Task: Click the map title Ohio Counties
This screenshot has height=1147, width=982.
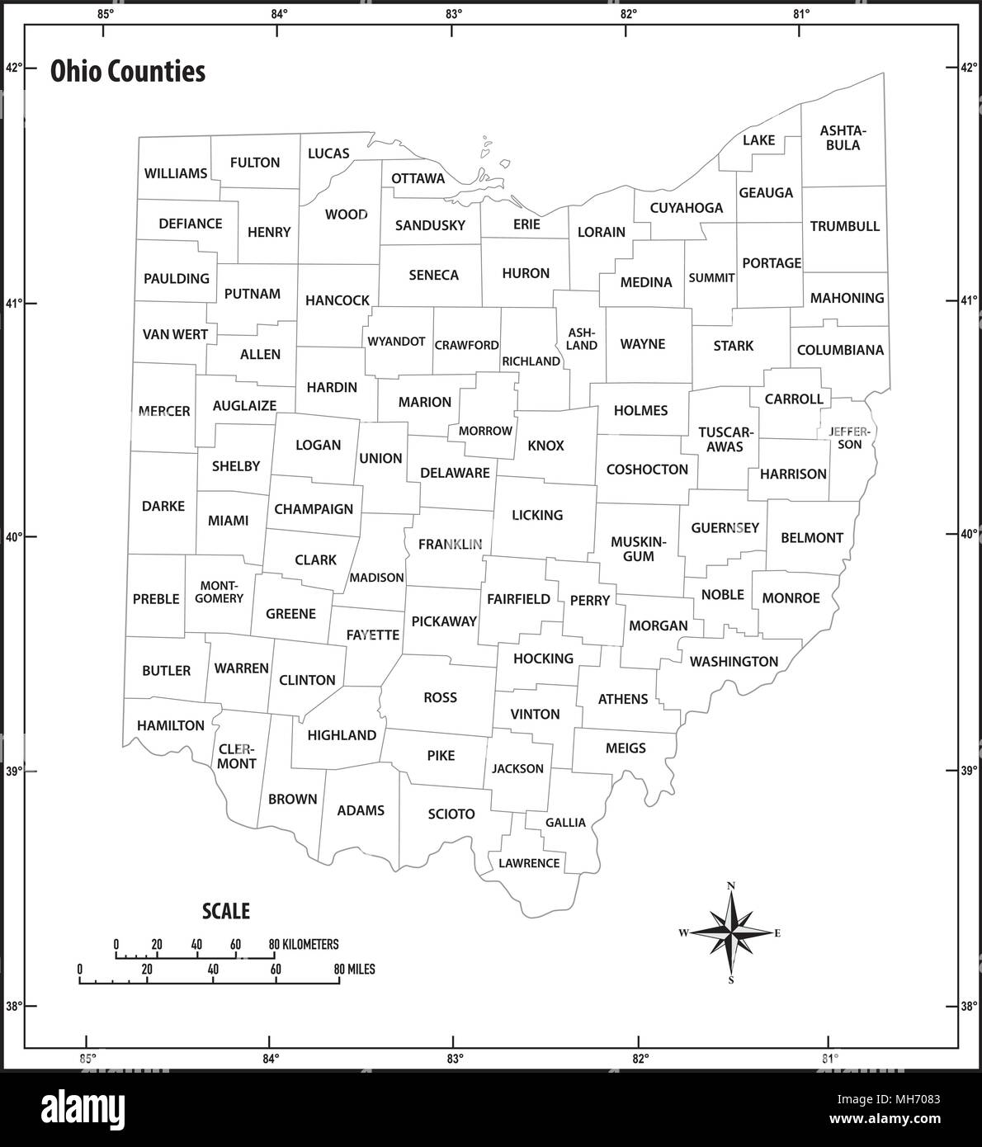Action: tap(128, 72)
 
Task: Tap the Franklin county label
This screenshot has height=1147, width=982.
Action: tap(450, 544)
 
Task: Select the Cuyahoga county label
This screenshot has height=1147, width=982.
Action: tap(686, 208)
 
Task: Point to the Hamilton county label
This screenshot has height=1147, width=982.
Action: tap(171, 725)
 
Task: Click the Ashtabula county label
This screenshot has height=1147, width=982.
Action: tap(842, 138)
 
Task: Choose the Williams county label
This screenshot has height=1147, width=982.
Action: tap(176, 173)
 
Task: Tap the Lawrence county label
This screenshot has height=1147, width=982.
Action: tap(529, 863)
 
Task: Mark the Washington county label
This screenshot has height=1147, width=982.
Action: tap(734, 661)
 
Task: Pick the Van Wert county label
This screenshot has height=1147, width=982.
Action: tap(175, 334)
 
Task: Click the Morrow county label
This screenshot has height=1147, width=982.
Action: tap(485, 431)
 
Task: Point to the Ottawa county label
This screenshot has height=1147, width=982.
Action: tap(418, 178)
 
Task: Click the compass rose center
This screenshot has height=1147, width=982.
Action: tap(731, 932)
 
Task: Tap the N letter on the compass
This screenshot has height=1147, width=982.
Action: tap(731, 886)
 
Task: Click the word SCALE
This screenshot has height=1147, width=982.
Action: tap(226, 911)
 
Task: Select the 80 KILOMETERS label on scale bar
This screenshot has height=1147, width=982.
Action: tap(304, 944)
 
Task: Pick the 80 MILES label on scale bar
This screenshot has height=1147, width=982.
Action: tap(354, 969)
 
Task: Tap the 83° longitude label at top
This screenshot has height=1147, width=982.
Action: tap(452, 13)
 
